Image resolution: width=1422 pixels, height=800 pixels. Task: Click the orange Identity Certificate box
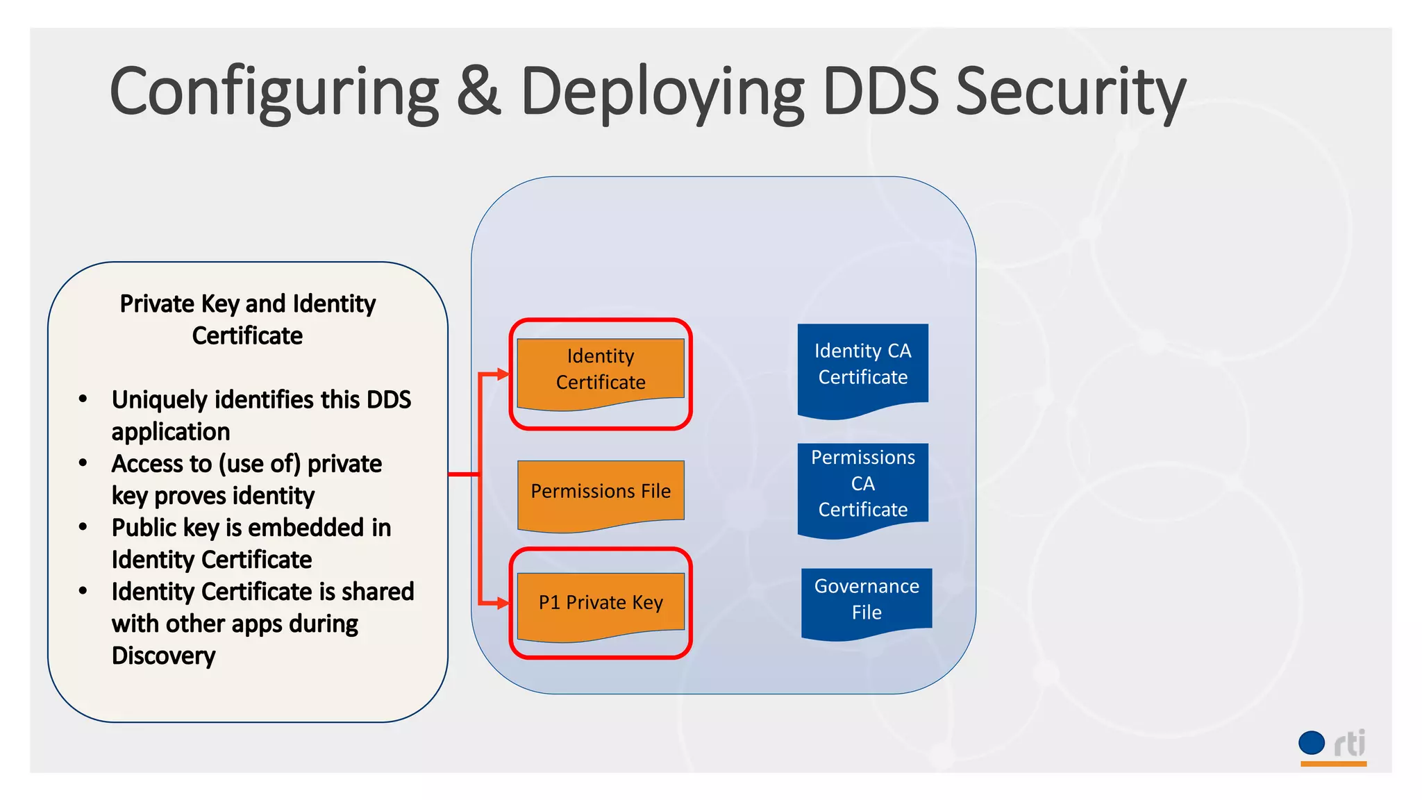(601, 370)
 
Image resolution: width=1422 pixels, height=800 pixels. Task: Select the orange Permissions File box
(601, 492)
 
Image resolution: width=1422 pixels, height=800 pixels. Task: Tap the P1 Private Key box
(601, 603)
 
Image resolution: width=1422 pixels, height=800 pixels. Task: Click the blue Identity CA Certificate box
(862, 365)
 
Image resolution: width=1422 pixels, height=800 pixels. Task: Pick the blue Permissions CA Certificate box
(862, 485)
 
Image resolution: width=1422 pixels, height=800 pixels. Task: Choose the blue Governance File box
(867, 600)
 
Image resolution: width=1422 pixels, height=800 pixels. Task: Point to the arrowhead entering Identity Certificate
(503, 374)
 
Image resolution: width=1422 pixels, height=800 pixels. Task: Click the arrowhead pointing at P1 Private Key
(503, 603)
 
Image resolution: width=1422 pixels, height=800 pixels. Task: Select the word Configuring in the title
(274, 93)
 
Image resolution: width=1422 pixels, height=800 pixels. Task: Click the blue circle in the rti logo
(1312, 742)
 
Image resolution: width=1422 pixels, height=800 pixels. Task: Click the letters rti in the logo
(1350, 744)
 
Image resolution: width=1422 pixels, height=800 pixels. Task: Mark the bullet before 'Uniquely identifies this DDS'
(83, 399)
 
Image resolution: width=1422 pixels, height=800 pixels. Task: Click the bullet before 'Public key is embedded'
(83, 527)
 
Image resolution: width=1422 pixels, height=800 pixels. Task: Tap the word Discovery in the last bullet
(164, 656)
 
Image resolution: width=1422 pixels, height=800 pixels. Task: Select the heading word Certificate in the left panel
(247, 336)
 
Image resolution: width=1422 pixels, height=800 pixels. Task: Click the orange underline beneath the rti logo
(1333, 764)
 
